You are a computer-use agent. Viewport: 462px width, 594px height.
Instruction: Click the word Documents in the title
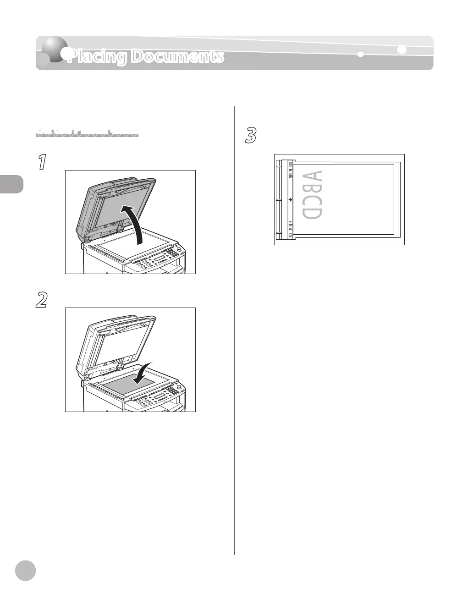click(x=177, y=57)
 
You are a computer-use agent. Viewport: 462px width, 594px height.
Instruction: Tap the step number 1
click(x=42, y=162)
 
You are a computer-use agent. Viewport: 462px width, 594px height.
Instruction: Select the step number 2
click(x=42, y=300)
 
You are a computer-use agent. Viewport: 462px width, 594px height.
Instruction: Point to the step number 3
click(x=250, y=136)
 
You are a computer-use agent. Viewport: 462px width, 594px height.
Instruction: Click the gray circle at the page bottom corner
click(x=25, y=570)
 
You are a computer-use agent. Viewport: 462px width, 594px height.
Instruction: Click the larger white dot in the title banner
click(x=401, y=49)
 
